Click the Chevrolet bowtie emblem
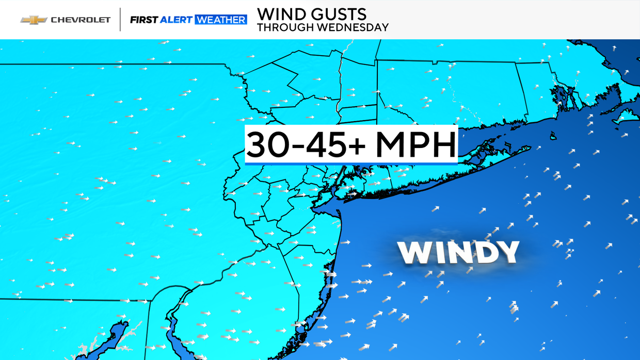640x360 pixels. tap(34, 20)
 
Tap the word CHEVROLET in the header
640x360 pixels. tap(81, 20)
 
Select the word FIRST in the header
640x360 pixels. tap(143, 20)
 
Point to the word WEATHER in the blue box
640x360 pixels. tap(220, 20)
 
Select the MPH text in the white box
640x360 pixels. tap(415, 145)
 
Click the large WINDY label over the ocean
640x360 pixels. tap(458, 253)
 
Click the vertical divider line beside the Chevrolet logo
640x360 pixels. tap(120, 20)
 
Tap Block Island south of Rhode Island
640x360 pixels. tap(553, 136)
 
